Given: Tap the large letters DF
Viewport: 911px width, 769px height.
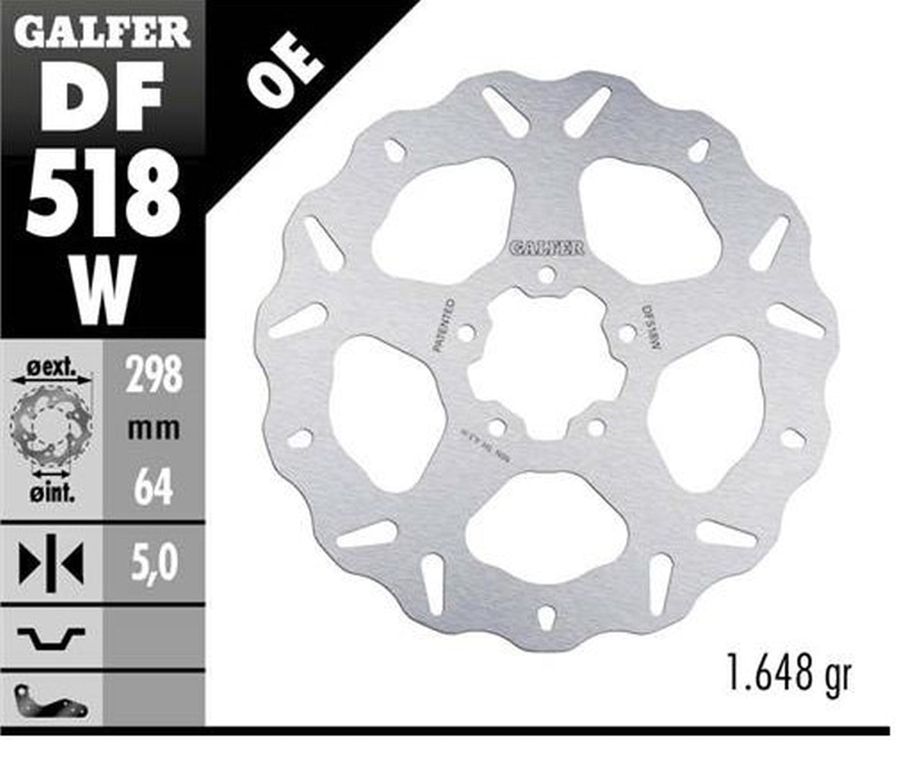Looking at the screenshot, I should click(x=102, y=97).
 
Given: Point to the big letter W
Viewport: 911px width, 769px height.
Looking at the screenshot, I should click(x=102, y=288).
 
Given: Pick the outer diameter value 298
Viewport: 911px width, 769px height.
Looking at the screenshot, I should click(x=154, y=374).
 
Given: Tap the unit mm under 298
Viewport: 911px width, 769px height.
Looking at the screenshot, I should click(x=154, y=429).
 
